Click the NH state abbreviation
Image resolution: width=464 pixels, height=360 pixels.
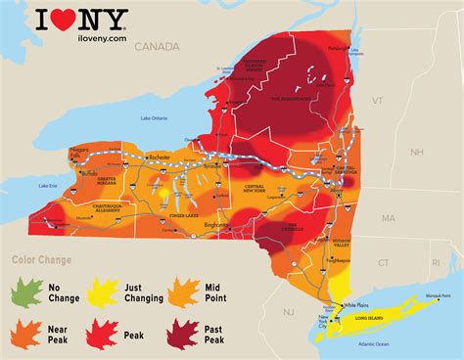pos(416,152)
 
